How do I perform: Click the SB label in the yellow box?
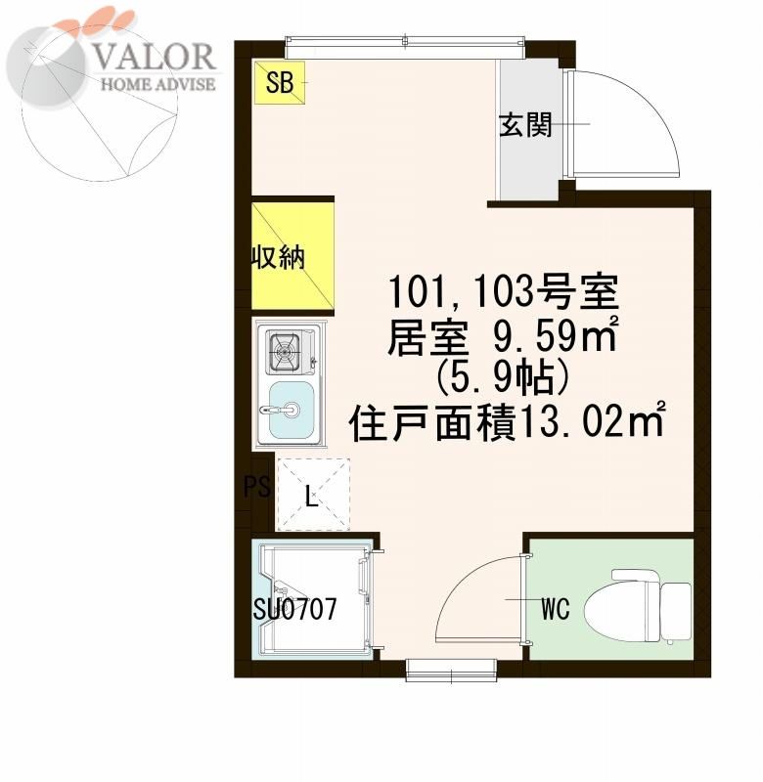click(280, 82)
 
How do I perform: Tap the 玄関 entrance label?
click(525, 125)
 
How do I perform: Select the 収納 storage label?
click(278, 258)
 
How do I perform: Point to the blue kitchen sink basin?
click(292, 410)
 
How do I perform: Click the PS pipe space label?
click(257, 486)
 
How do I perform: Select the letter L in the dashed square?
click(312, 497)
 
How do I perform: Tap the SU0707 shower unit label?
click(294, 608)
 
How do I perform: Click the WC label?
click(556, 608)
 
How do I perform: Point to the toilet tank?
click(676, 611)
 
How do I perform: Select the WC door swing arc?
click(460, 579)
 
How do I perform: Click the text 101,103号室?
click(503, 292)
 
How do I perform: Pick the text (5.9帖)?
click(503, 379)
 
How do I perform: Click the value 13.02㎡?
click(590, 422)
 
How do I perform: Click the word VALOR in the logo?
click(155, 56)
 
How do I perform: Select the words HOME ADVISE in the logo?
click(158, 83)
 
